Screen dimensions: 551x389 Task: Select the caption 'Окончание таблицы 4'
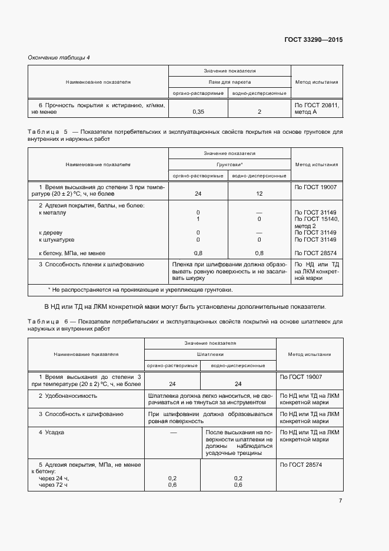click(59, 57)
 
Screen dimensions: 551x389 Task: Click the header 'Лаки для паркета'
click(230, 83)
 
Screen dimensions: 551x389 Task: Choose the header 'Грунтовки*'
click(230, 166)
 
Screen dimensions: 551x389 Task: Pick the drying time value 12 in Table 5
click(259, 193)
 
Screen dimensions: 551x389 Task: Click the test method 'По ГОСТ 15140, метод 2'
click(316, 222)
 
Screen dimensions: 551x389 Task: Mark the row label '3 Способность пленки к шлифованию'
click(91, 265)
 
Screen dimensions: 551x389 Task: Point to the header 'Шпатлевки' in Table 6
click(210, 355)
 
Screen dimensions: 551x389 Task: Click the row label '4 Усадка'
click(52, 433)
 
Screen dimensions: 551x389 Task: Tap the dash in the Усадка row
click(173, 433)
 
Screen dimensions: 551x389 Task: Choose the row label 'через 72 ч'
click(53, 484)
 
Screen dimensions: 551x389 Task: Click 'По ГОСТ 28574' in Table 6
click(301, 464)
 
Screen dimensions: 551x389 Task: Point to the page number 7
click(340, 500)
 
